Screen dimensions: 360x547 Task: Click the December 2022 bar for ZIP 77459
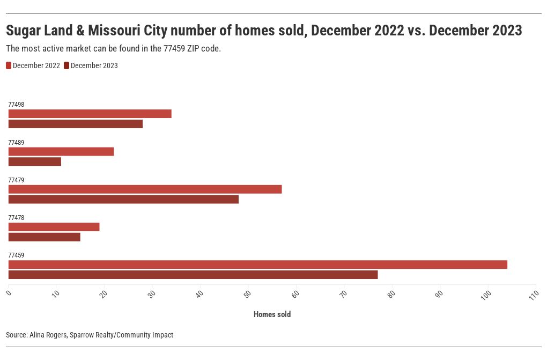257,265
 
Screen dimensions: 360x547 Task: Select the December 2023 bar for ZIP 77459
193,275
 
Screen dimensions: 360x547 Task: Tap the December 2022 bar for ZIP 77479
145,189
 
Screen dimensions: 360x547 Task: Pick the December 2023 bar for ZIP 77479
123,200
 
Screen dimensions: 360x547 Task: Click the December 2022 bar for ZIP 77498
90,114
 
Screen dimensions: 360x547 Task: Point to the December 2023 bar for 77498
76,124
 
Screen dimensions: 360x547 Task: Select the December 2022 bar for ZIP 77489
61,152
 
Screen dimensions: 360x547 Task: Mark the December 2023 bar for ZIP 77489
35,161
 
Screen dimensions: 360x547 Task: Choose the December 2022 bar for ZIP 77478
54,227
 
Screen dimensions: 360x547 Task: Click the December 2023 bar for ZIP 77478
45,237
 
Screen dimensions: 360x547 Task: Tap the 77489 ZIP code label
16,143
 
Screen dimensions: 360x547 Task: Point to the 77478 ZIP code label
16,218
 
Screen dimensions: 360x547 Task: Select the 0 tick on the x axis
9,292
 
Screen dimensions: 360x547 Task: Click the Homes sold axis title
272,314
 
